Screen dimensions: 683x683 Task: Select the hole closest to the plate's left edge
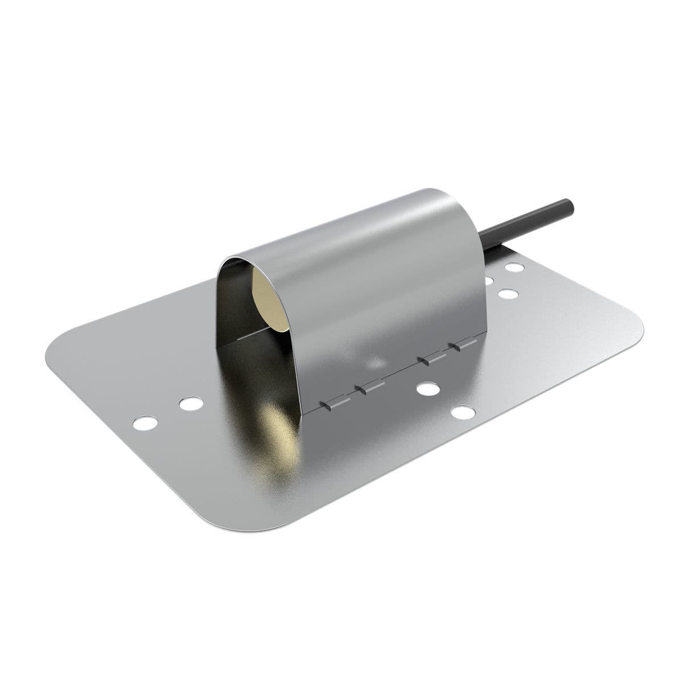click(145, 423)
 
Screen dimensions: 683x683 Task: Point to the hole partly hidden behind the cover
click(488, 280)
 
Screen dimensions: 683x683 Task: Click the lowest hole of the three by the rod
click(508, 294)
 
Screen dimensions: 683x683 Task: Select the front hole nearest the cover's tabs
click(427, 389)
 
